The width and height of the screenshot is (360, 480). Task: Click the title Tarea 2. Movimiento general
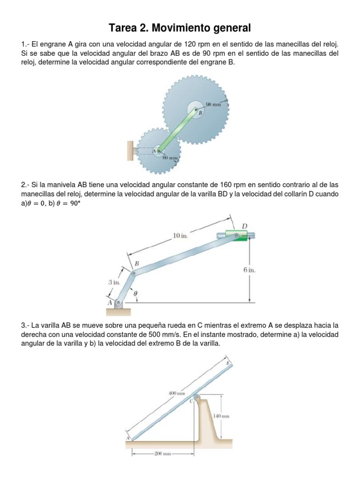click(180, 28)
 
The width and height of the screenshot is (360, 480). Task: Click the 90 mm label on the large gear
click(213, 105)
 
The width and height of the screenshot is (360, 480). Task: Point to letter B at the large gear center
click(200, 113)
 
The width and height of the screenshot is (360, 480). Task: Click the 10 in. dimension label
click(180, 236)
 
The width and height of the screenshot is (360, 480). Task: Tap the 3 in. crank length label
click(114, 282)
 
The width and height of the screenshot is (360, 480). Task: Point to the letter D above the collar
click(244, 226)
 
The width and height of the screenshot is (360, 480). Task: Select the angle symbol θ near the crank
click(135, 293)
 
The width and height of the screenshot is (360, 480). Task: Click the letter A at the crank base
click(111, 303)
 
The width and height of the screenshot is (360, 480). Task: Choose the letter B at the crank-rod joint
click(136, 264)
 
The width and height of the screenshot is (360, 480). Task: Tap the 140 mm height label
click(221, 416)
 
